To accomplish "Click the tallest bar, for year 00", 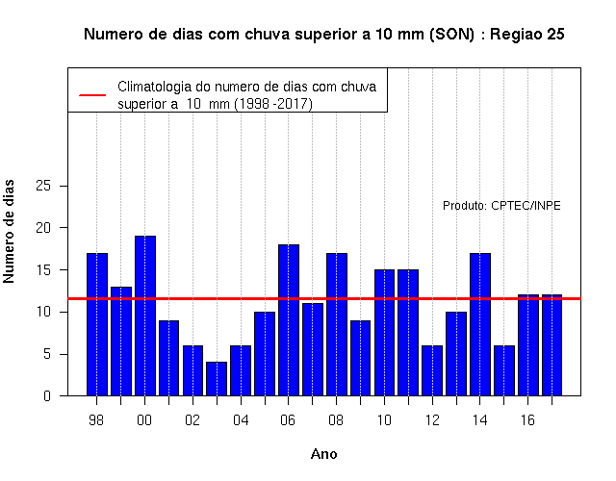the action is [x=145, y=316].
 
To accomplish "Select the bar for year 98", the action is [x=97, y=324].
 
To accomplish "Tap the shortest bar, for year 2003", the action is [x=217, y=379].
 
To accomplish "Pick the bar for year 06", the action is [x=289, y=320].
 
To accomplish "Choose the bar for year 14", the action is [x=480, y=324].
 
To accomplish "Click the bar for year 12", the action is [x=432, y=370].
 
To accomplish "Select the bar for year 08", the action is [x=337, y=324].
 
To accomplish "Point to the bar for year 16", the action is [x=528, y=345].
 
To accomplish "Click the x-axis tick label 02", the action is [x=192, y=420].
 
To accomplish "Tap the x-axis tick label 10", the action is [x=384, y=420].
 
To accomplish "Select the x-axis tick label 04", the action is [x=241, y=420].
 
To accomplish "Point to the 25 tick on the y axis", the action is [x=43, y=186].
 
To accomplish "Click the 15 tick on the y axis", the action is [x=43, y=270].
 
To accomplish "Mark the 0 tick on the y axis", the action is [x=47, y=396].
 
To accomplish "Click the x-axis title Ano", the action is [x=324, y=454].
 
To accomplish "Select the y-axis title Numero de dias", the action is [x=9, y=231].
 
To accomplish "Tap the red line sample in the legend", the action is [x=92, y=95].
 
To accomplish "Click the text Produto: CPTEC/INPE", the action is [x=501, y=206].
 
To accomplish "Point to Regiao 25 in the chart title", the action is [x=527, y=35].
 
